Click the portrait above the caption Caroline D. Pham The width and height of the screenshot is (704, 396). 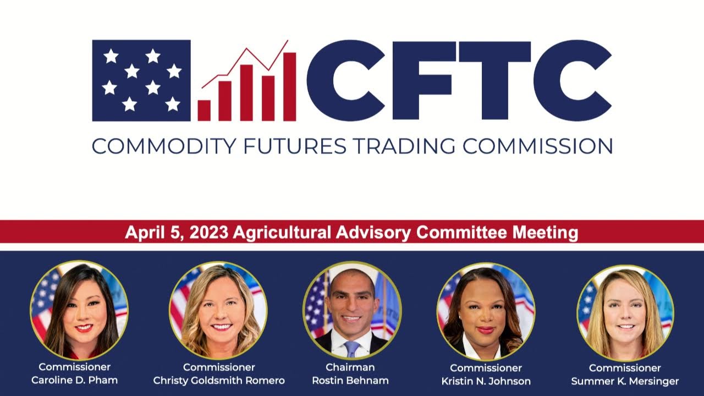click(x=79, y=311)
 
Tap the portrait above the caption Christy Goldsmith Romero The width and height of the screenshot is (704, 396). click(x=218, y=311)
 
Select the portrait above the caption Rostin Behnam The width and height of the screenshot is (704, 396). click(x=352, y=310)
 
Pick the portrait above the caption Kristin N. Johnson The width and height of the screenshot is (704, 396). click(x=486, y=311)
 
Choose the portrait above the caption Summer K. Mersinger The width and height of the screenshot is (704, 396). click(x=625, y=312)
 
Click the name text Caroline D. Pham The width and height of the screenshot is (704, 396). click(x=75, y=381)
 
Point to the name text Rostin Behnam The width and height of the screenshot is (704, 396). click(x=350, y=381)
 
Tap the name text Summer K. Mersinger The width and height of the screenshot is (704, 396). click(x=625, y=381)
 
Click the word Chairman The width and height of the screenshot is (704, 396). click(x=350, y=367)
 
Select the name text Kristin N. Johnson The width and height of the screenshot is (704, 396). click(x=486, y=381)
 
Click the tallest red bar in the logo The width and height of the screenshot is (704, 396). click(x=289, y=86)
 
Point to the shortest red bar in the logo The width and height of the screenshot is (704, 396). click(x=204, y=110)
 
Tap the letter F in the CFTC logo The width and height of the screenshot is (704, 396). click(x=421, y=80)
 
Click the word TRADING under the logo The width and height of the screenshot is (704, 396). click(x=405, y=146)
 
